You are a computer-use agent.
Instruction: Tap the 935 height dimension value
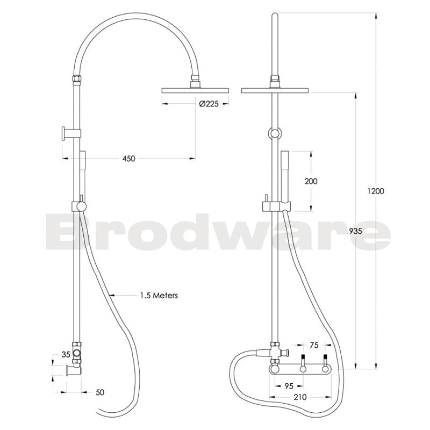click(x=355, y=231)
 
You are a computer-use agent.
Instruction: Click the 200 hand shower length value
click(x=311, y=181)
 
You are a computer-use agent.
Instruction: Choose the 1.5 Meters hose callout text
click(x=159, y=295)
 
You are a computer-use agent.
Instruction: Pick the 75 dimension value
click(x=315, y=346)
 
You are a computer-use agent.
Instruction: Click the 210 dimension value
click(x=300, y=397)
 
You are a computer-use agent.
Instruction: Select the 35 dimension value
click(x=66, y=354)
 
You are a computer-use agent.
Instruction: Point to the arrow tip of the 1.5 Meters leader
click(x=110, y=295)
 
